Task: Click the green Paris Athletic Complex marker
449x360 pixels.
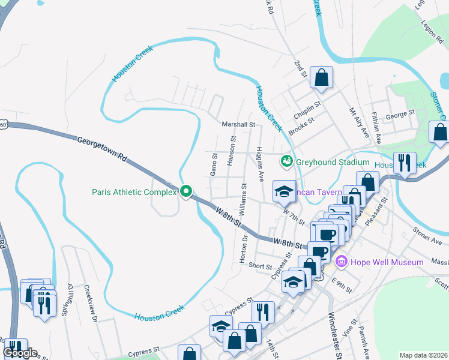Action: tap(186, 192)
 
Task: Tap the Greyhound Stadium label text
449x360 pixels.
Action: tap(332, 162)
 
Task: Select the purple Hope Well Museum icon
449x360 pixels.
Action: tap(342, 262)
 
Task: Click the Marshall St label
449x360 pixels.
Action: tap(239, 124)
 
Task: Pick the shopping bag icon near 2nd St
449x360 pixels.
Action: tap(322, 78)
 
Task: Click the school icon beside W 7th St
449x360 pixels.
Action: tap(285, 192)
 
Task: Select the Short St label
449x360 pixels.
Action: tap(261, 266)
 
